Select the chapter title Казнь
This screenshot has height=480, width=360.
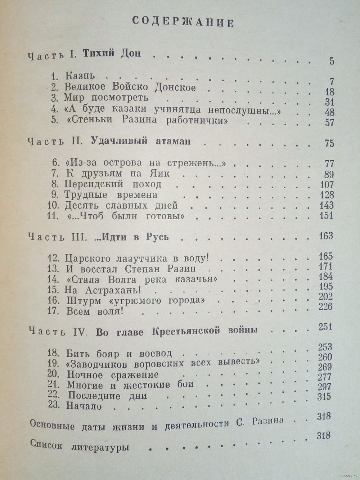(x=80, y=76)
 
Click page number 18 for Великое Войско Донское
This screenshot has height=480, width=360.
(x=329, y=91)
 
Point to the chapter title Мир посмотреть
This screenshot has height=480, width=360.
(x=106, y=98)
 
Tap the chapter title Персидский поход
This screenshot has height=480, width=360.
(x=113, y=184)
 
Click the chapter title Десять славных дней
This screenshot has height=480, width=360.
(x=121, y=206)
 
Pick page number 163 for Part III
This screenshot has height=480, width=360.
(x=326, y=236)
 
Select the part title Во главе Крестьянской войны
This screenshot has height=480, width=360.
(x=177, y=332)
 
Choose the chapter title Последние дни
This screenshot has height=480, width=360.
(x=108, y=395)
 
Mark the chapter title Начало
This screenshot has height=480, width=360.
(x=84, y=406)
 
